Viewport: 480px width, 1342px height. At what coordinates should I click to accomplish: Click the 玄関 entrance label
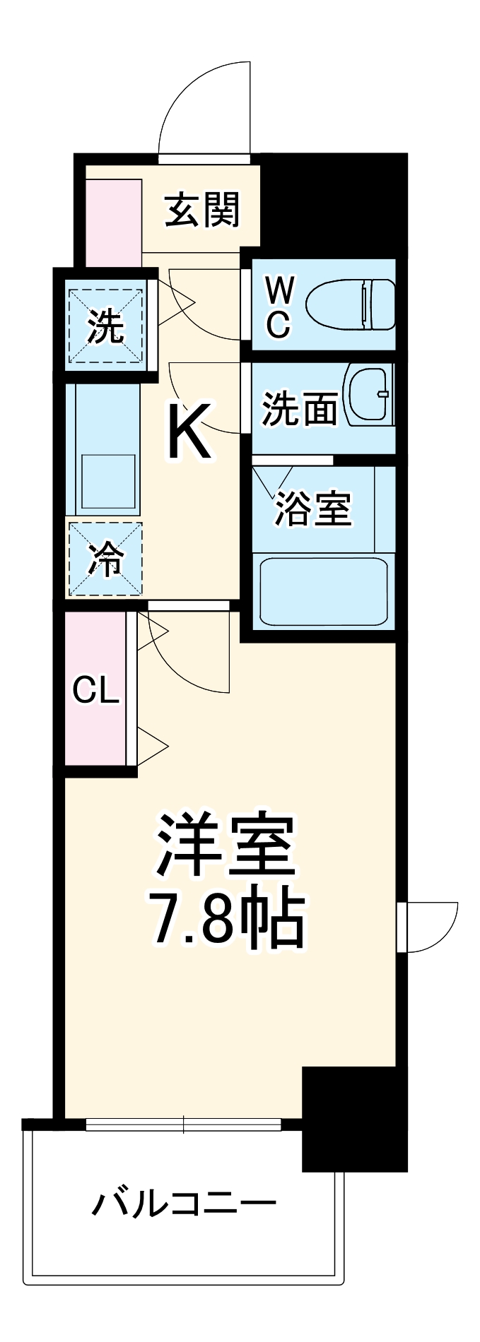202,210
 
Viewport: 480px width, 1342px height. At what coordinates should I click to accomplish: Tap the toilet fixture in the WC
351,304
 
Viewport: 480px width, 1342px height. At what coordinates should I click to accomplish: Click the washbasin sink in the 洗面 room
368,396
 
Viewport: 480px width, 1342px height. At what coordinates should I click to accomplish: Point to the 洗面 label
299,408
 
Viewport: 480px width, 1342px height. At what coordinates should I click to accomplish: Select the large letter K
189,431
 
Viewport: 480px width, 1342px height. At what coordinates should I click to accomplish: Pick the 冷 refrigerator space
105,559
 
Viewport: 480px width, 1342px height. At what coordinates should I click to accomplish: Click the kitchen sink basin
108,480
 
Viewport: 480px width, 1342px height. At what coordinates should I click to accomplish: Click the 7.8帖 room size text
225,920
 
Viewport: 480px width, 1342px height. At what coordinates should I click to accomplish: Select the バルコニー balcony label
184,1202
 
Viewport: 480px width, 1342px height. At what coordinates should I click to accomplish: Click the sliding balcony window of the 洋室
183,1124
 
